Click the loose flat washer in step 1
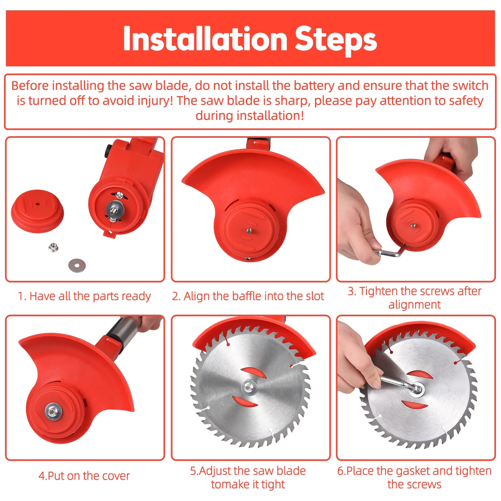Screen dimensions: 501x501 coord(77,266)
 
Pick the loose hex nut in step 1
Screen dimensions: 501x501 coord(53,247)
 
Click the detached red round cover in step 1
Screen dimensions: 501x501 coord(37,211)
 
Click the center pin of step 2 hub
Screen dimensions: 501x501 coord(249,231)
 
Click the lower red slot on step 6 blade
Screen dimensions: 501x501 coord(414,405)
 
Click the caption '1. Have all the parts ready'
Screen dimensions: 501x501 coord(84,296)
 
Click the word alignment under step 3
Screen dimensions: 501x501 coord(415,305)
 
